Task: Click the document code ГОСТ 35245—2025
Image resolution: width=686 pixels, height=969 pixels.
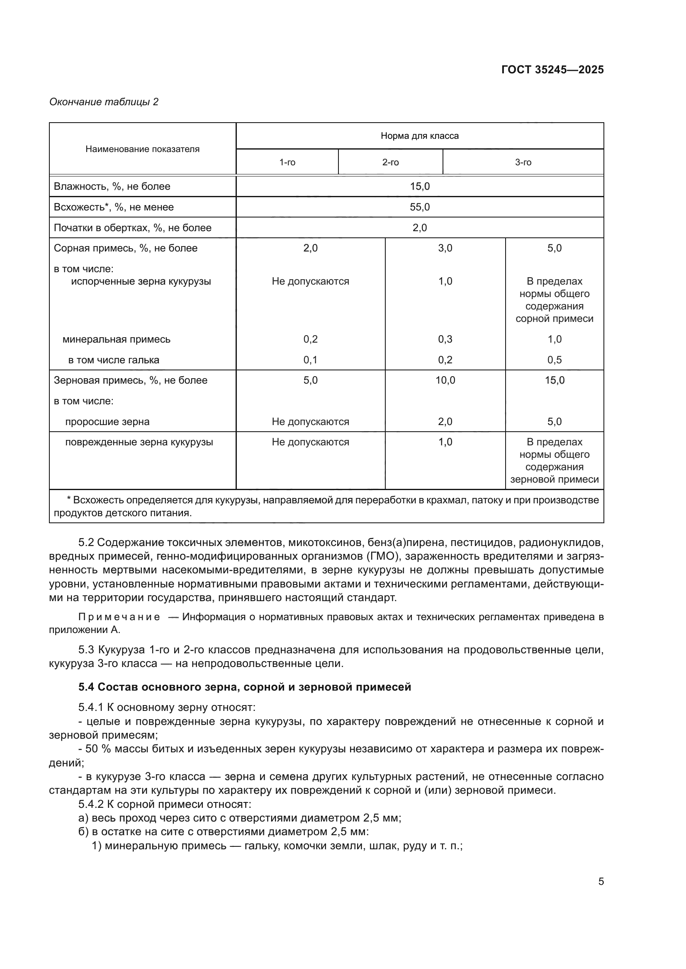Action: pyautogui.click(x=552, y=70)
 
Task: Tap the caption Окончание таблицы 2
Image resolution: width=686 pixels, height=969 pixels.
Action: pyautogui.click(x=104, y=102)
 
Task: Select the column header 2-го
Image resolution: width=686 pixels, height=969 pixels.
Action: pyautogui.click(x=390, y=162)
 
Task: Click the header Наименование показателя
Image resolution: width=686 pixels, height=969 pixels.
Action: pyautogui.click(x=142, y=149)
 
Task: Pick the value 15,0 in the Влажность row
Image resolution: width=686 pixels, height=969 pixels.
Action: pyautogui.click(x=419, y=186)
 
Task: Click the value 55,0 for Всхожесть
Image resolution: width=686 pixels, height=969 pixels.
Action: pyautogui.click(x=419, y=207)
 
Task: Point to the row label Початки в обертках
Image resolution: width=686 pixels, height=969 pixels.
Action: pyautogui.click(x=132, y=228)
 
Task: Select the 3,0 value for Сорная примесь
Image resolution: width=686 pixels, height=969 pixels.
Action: pyautogui.click(x=445, y=248)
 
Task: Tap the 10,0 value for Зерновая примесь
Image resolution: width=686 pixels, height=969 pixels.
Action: pyautogui.click(x=445, y=380)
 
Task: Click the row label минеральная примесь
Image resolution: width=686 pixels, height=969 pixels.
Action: pyautogui.click(x=116, y=339)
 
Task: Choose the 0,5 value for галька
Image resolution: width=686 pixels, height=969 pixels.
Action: pyautogui.click(x=554, y=360)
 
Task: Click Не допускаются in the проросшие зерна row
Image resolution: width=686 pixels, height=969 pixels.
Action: pyautogui.click(x=310, y=422)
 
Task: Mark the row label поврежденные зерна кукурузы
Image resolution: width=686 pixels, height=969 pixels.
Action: pyautogui.click(x=139, y=442)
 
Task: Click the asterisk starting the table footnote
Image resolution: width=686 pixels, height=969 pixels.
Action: pyautogui.click(x=69, y=500)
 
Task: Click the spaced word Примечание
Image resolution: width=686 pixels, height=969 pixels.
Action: pyautogui.click(x=119, y=617)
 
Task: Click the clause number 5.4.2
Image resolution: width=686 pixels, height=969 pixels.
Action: pyautogui.click(x=91, y=805)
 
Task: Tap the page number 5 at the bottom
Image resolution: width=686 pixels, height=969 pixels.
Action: pyautogui.click(x=601, y=882)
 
